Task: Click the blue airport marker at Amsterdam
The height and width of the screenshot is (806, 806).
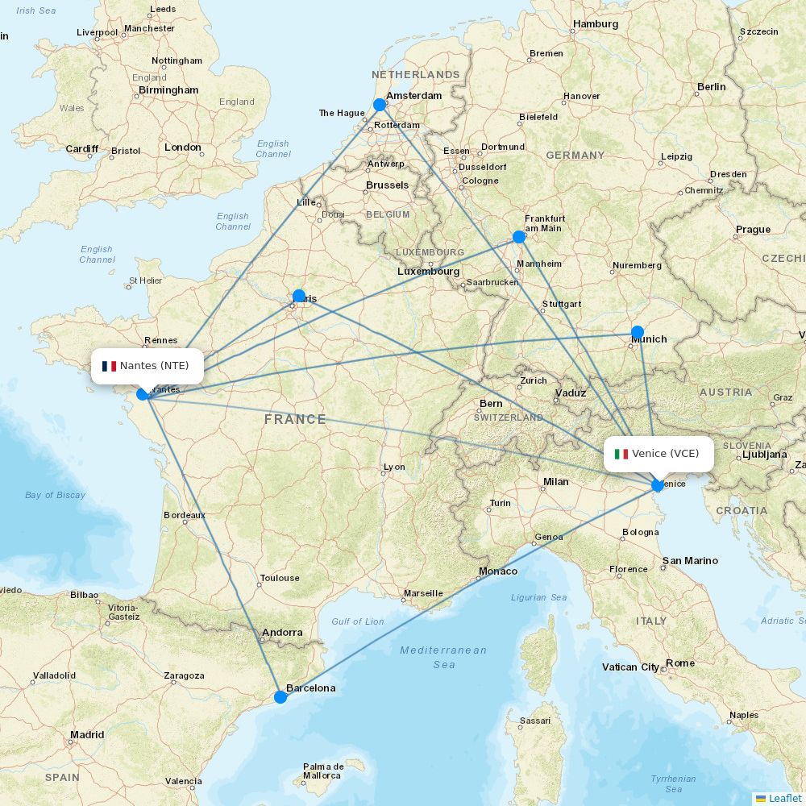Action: pyautogui.click(x=380, y=105)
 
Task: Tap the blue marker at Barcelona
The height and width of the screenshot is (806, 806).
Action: pyautogui.click(x=280, y=696)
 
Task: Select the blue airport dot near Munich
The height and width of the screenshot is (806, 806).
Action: pyautogui.click(x=638, y=332)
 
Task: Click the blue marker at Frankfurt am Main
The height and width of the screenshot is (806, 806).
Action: pyautogui.click(x=519, y=237)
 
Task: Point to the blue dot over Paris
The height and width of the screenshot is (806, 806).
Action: pyautogui.click(x=299, y=296)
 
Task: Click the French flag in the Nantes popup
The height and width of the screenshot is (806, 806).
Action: pyautogui.click(x=110, y=366)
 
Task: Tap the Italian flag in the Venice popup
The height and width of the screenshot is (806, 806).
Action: pyautogui.click(x=621, y=454)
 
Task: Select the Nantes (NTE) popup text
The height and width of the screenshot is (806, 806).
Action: pyautogui.click(x=155, y=366)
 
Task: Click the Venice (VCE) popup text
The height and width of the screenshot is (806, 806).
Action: pyautogui.click(x=666, y=454)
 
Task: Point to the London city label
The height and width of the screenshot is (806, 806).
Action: pyautogui.click(x=183, y=147)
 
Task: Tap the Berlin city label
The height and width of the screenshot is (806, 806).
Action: pyautogui.click(x=712, y=87)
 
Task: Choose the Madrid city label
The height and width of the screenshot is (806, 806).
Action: pyautogui.click(x=87, y=735)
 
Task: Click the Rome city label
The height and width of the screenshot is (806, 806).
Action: pyautogui.click(x=680, y=663)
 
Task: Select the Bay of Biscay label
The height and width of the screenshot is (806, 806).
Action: pyautogui.click(x=55, y=495)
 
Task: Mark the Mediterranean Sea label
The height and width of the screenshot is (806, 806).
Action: pyautogui.click(x=444, y=657)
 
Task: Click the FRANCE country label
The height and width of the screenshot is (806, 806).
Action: pyautogui.click(x=295, y=419)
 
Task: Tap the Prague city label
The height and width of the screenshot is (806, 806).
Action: pyautogui.click(x=753, y=230)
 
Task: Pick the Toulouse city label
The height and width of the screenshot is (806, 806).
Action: pyautogui.click(x=280, y=578)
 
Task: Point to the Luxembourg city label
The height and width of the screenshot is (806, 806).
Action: pyautogui.click(x=428, y=272)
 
